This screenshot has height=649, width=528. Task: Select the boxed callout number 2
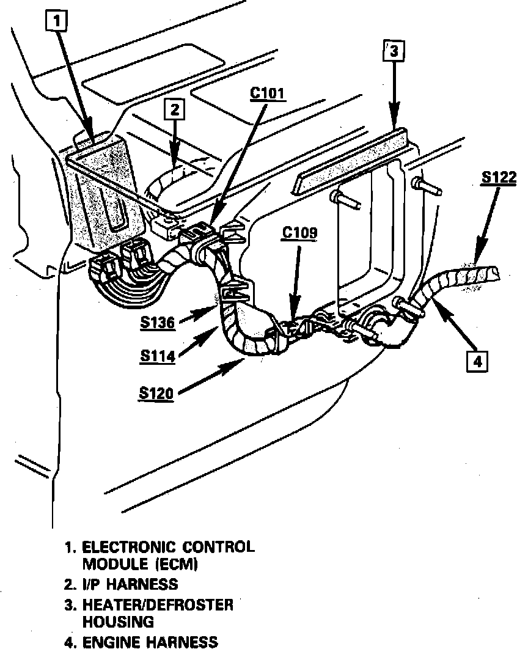click(175, 110)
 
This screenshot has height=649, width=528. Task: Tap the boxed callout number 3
click(394, 52)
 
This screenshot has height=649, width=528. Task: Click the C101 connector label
click(268, 94)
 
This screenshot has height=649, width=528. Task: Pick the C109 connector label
click(299, 234)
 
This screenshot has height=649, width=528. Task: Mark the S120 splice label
click(155, 393)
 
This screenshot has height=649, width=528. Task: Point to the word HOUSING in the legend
click(117, 621)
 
